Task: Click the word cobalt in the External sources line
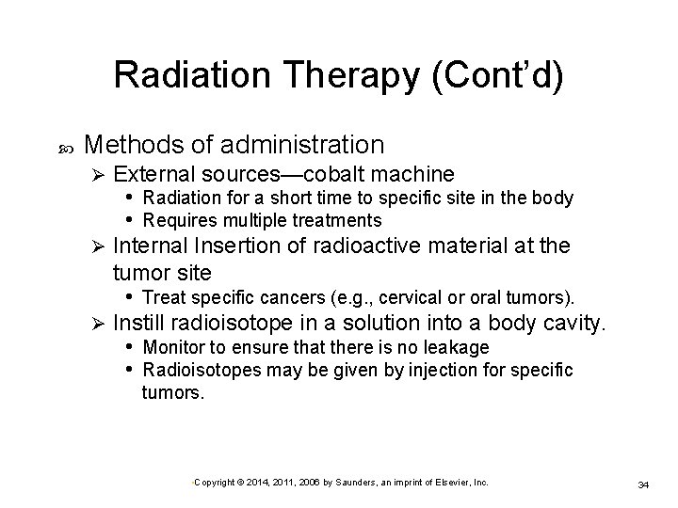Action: pos(343,174)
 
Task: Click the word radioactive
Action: pos(371,247)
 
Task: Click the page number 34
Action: pos(644,484)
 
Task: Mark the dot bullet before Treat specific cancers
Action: pos(130,297)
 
